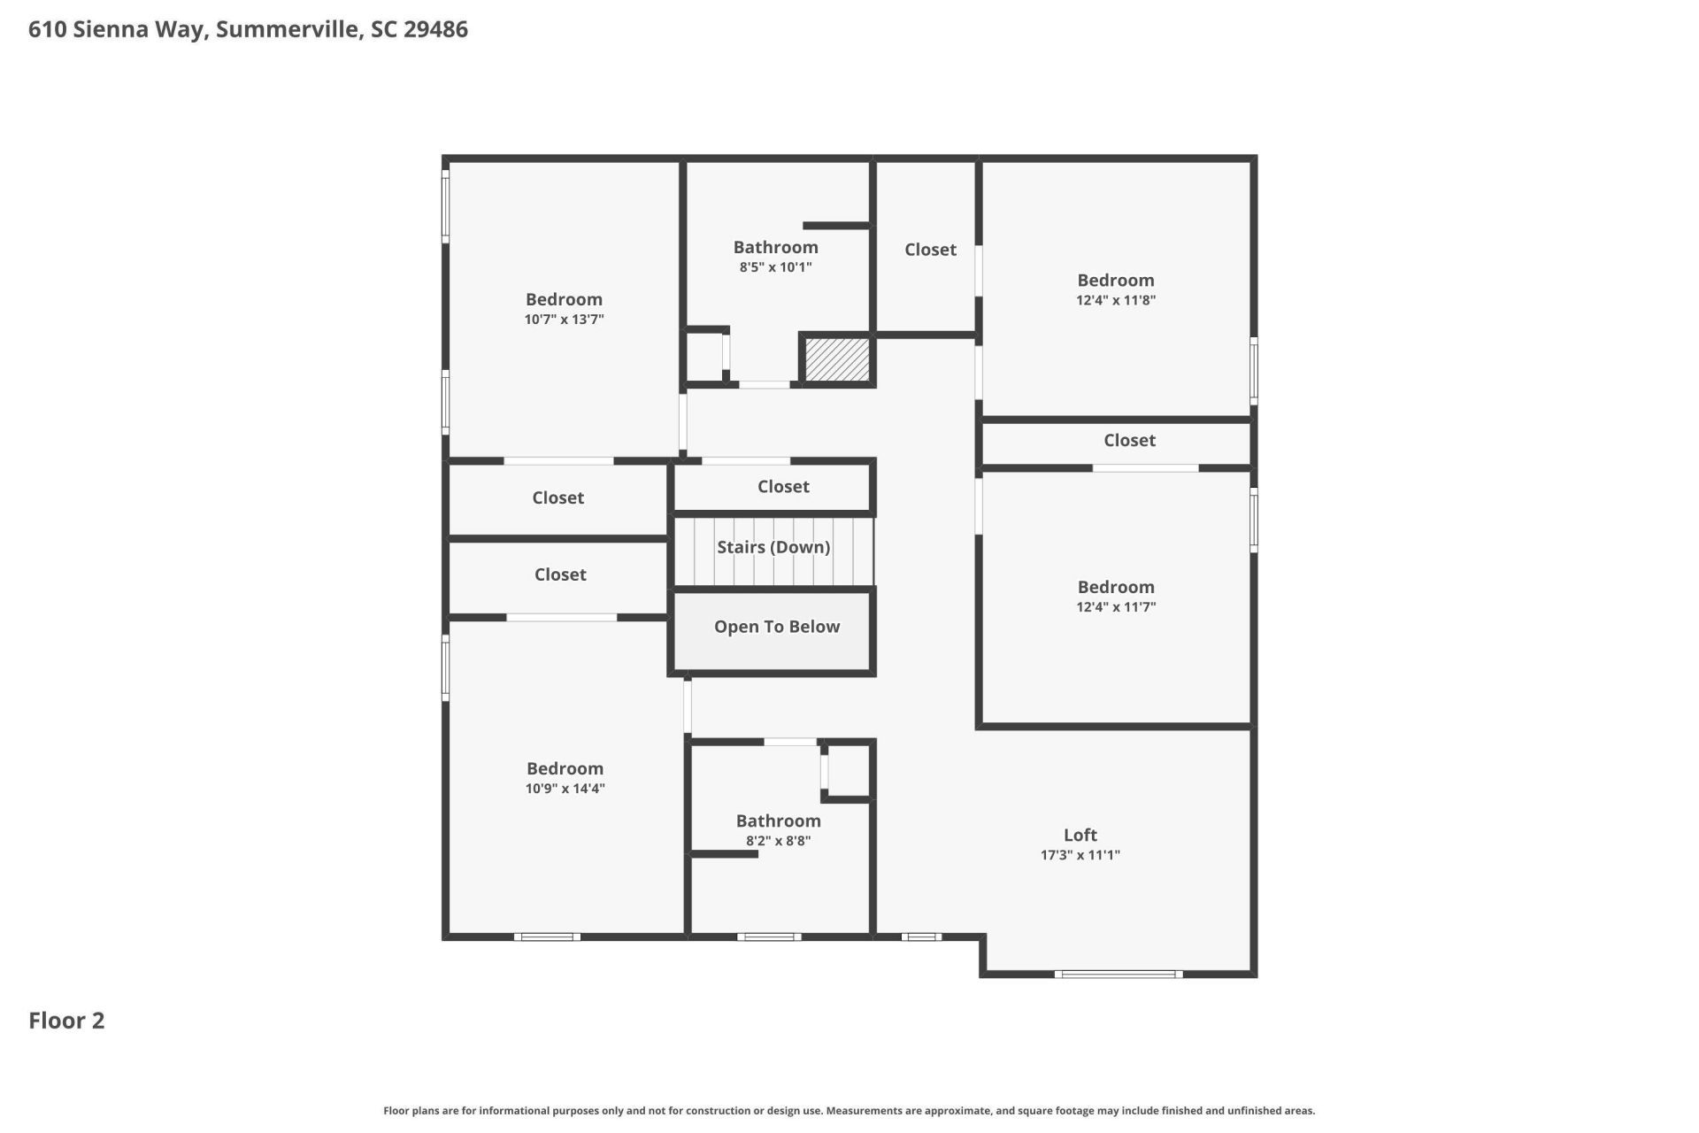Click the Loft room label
1080,835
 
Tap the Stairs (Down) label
773,547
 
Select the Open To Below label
777,627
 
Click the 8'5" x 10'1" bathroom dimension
775,267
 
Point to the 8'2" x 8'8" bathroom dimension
778,841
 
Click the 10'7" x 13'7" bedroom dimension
564,320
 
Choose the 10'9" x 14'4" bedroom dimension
565,789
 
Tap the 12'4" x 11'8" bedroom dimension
1115,300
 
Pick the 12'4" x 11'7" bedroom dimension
1115,607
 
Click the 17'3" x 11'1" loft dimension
1080,855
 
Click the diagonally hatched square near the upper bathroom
837,359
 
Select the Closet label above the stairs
783,487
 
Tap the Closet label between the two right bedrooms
1129,441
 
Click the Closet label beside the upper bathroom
930,250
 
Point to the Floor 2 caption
66,1021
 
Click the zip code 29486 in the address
435,29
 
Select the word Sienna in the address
111,29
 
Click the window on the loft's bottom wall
1118,975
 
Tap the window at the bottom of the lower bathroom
769,936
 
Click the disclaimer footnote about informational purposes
849,1111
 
